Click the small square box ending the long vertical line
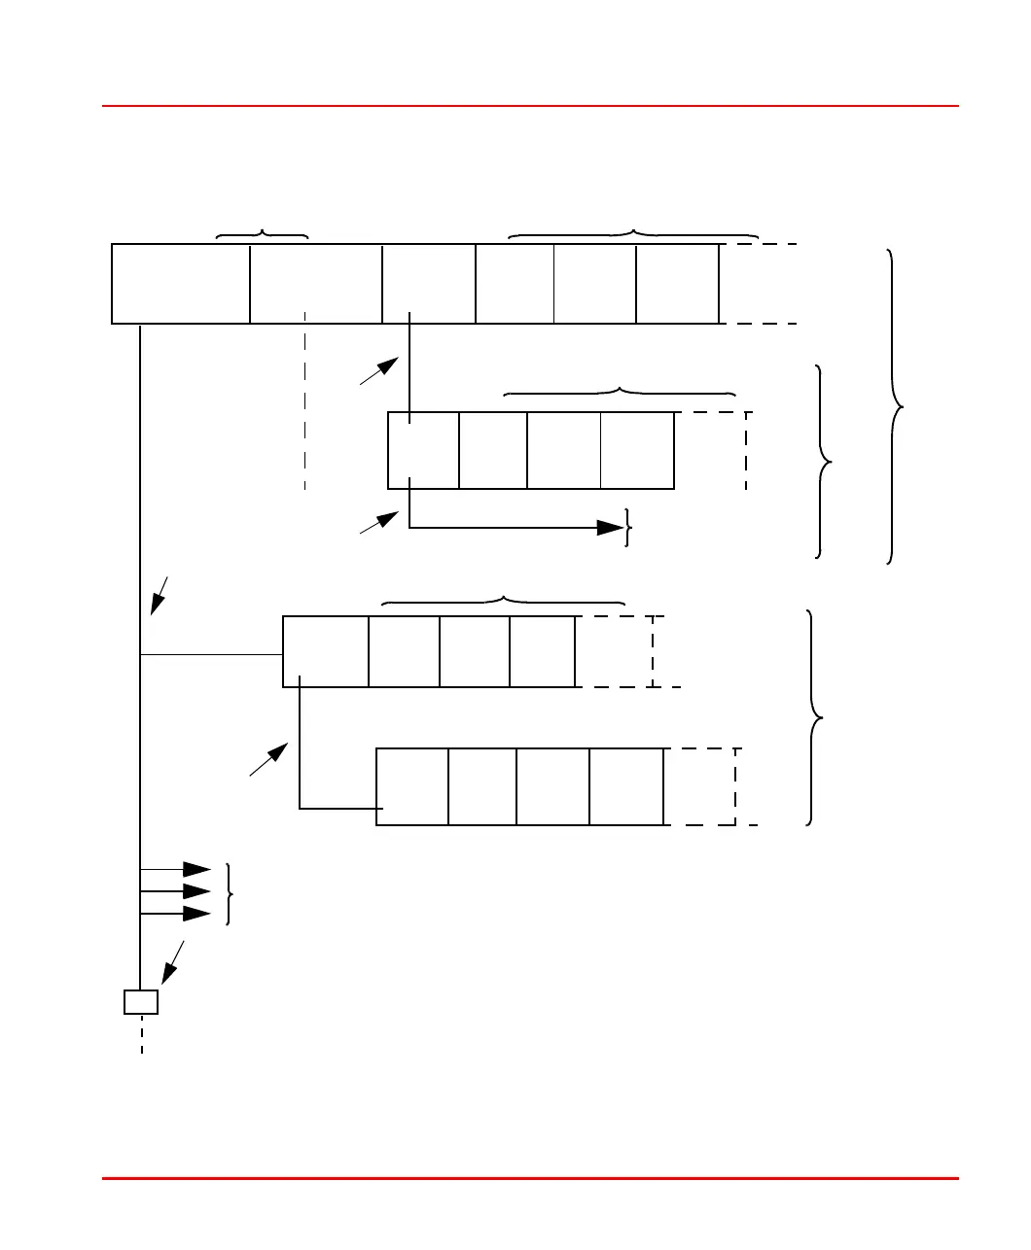tap(141, 1002)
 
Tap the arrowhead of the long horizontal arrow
tap(611, 528)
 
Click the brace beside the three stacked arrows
tap(229, 893)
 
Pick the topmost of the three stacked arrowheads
tap(197, 868)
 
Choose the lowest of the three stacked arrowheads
tap(197, 914)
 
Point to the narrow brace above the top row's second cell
tap(262, 234)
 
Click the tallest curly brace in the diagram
tap(895, 406)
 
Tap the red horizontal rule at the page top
tap(530, 106)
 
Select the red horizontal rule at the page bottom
tap(530, 1179)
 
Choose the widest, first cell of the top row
tap(181, 283)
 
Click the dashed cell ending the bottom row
tap(700, 786)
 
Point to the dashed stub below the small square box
tap(142, 1034)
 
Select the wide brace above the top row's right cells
tap(633, 234)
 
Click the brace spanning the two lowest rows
tap(815, 717)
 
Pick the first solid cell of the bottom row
tap(412, 786)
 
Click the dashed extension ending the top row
tap(759, 283)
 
